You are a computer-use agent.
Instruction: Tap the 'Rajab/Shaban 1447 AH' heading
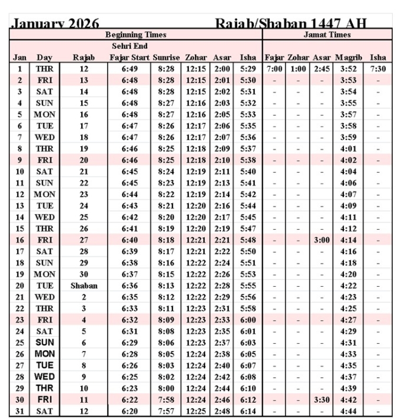point(291,24)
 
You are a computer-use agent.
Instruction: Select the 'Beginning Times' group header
point(135,35)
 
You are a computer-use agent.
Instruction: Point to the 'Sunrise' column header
point(166,58)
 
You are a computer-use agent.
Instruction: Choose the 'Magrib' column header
point(349,58)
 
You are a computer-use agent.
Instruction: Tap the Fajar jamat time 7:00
point(274,69)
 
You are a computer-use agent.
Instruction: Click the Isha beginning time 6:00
point(248,320)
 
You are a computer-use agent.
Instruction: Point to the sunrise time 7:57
point(167,411)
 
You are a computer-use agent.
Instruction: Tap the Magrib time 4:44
point(349,411)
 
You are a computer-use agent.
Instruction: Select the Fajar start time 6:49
point(130,69)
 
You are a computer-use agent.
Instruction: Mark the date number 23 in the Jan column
point(19,320)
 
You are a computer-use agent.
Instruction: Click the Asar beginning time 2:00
point(223,69)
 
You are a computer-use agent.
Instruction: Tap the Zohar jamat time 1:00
point(299,69)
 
